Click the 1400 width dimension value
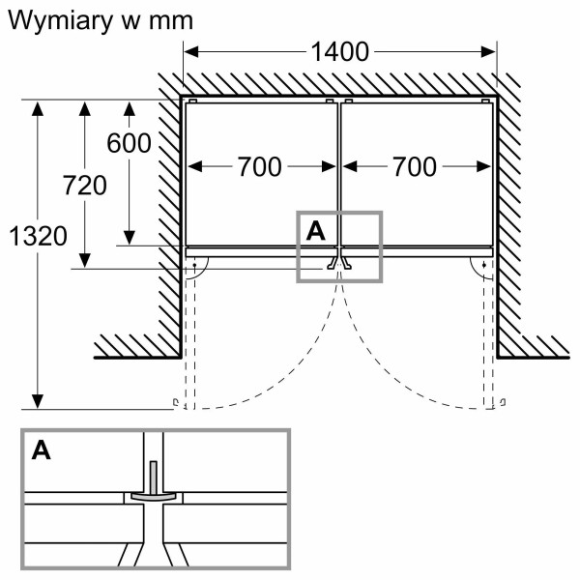pyautogui.click(x=340, y=52)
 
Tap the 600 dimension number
pyautogui.click(x=129, y=144)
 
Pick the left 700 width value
pyautogui.click(x=259, y=167)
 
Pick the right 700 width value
pyautogui.click(x=414, y=167)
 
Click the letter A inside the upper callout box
pyautogui.click(x=315, y=230)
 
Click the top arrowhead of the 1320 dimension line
pyautogui.click(x=38, y=108)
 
